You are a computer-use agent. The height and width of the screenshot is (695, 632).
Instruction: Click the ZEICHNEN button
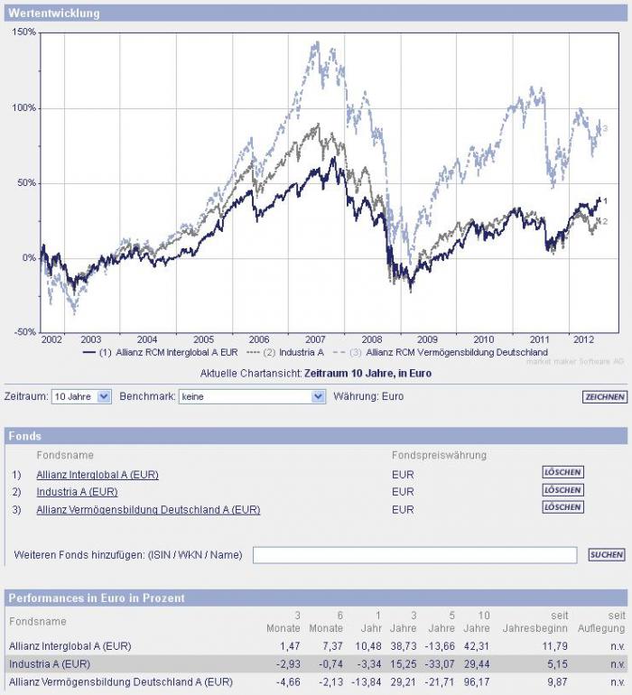coord(604,397)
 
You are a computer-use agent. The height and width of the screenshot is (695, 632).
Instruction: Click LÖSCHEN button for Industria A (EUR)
coord(562,490)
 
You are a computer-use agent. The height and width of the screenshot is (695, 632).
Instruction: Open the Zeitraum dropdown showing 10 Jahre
coord(81,396)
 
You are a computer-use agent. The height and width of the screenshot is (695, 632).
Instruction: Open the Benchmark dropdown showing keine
coord(251,396)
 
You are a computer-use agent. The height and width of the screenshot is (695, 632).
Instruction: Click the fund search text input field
coord(414,555)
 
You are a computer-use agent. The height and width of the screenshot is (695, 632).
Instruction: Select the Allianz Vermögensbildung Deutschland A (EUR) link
coord(148,510)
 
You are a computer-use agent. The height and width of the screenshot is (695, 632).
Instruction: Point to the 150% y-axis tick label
coord(24,32)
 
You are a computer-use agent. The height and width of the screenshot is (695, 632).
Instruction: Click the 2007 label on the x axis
coord(315,339)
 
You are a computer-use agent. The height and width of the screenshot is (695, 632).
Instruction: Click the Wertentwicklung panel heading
coord(54,14)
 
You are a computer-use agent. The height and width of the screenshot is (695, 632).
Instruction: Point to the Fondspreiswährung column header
coord(439,455)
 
